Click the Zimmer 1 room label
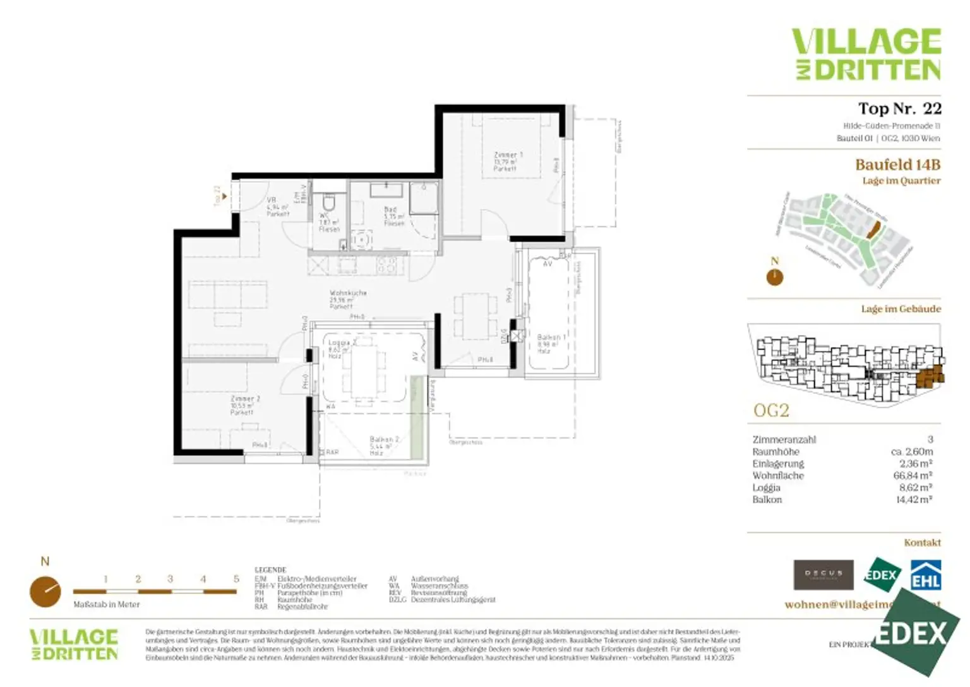[507, 161]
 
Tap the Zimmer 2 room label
[244, 405]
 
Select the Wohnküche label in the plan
[347, 299]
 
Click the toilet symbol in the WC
[328, 204]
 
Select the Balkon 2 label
[383, 445]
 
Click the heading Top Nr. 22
[899, 109]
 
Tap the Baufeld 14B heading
[897, 165]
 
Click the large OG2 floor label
[771, 411]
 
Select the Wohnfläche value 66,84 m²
[913, 475]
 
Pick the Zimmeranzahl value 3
[930, 439]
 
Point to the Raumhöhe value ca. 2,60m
[911, 451]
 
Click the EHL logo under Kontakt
[925, 576]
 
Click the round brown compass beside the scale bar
[45, 592]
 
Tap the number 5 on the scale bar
[236, 579]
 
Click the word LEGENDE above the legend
[270, 569]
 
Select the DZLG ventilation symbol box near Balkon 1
[517, 336]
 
